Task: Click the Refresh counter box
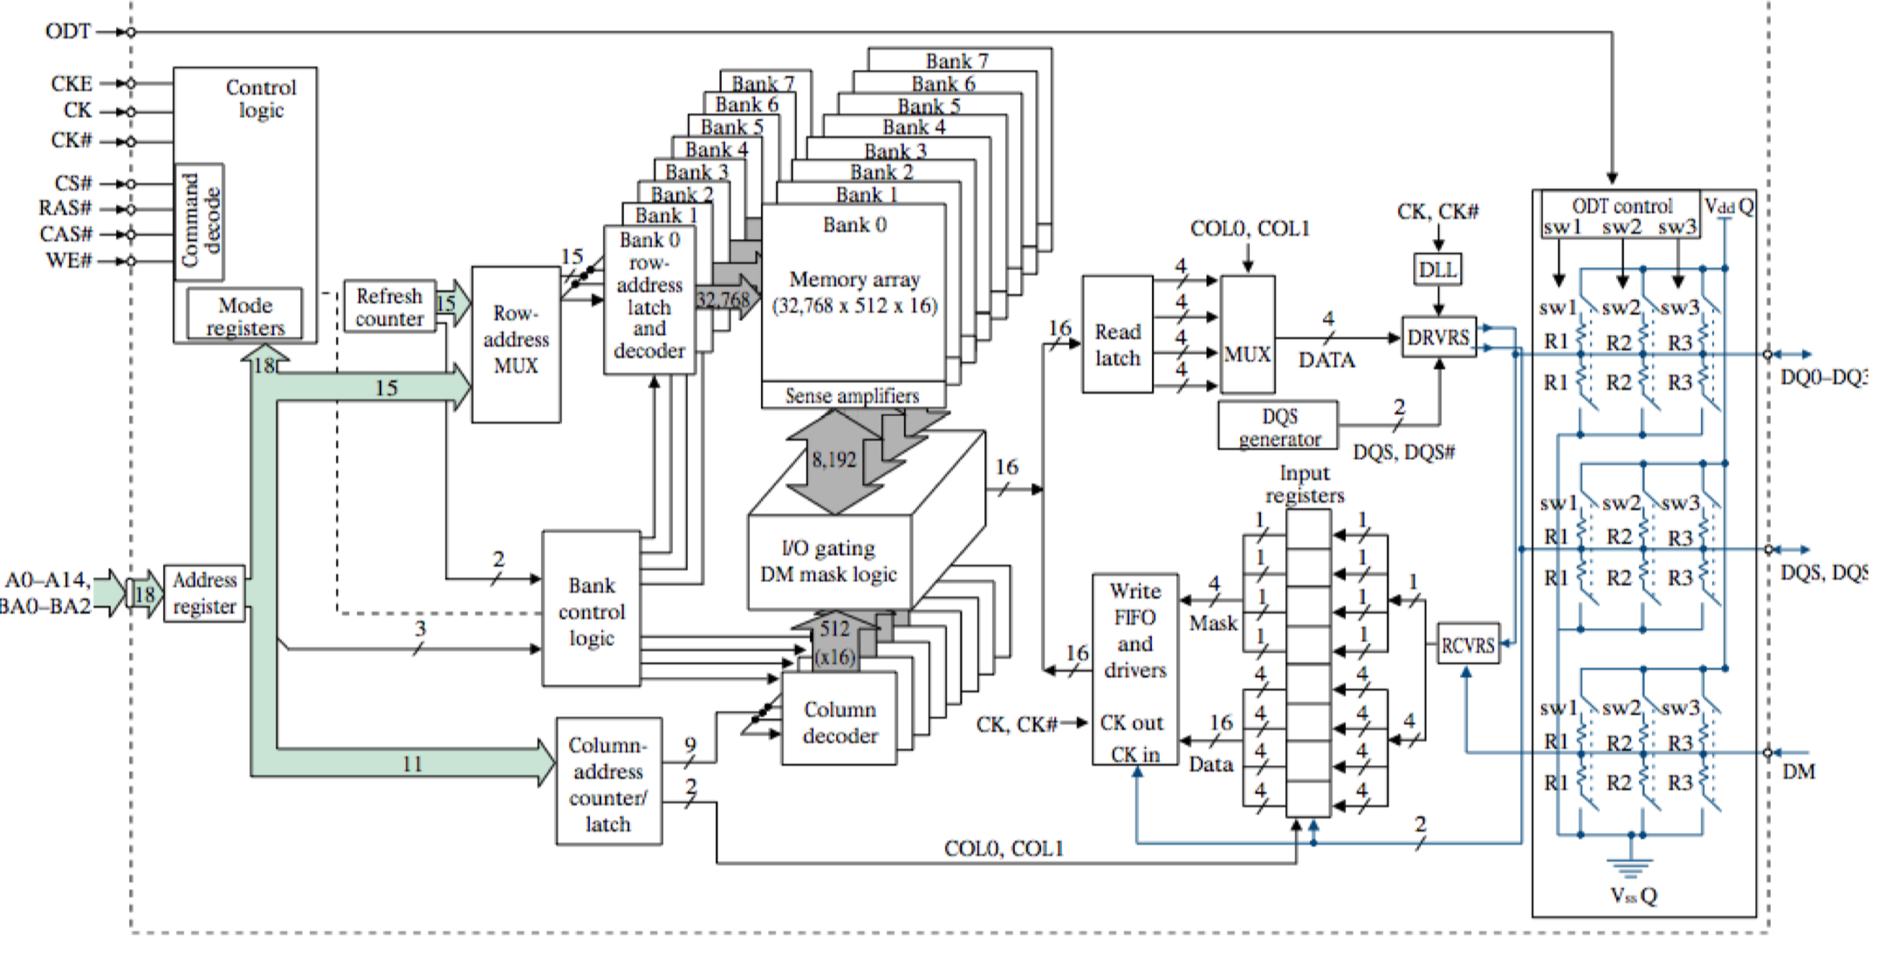point(388,307)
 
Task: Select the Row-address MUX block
point(516,344)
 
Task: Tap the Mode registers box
point(245,315)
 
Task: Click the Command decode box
point(200,222)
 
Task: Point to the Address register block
point(204,593)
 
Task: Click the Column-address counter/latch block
point(608,782)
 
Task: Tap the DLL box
point(1437,270)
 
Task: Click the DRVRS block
point(1438,337)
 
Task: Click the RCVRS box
point(1468,645)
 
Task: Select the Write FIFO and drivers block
point(1135,669)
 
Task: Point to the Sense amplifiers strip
point(853,396)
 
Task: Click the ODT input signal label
point(67,31)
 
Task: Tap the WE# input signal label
point(68,260)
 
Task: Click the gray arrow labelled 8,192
point(833,461)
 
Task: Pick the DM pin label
point(1798,771)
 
